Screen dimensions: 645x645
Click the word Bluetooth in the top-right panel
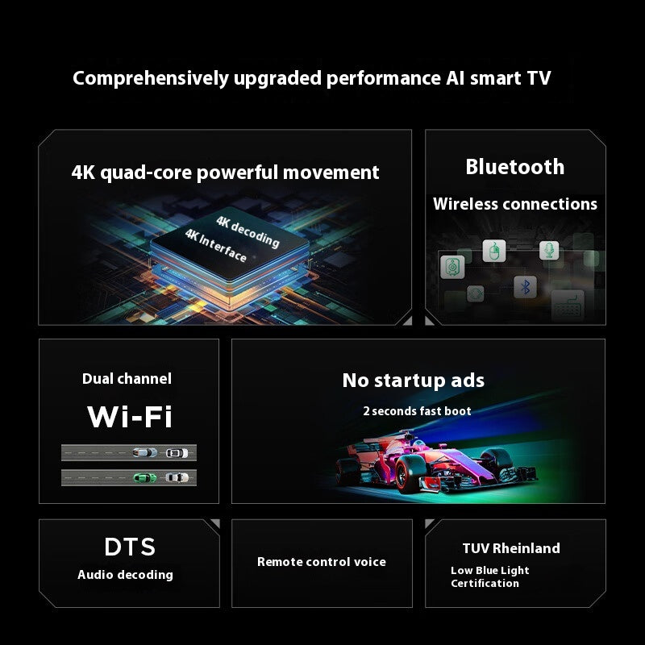[514, 167]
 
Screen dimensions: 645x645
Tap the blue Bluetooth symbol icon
[526, 286]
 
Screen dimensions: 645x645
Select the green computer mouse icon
[493, 251]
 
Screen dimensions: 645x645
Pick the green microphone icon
[549, 250]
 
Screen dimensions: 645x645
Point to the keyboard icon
[567, 304]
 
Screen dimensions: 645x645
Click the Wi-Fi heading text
[129, 417]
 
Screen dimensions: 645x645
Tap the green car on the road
[145, 477]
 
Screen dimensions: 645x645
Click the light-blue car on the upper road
[145, 452]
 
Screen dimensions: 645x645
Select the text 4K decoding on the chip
[248, 230]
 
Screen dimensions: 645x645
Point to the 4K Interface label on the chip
[215, 244]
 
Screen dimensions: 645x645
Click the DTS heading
[129, 547]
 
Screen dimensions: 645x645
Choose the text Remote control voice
[321, 562]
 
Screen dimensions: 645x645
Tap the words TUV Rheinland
[511, 548]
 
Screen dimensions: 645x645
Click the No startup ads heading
[413, 381]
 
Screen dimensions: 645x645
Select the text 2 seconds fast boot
[417, 411]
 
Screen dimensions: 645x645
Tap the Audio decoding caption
[125, 575]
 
